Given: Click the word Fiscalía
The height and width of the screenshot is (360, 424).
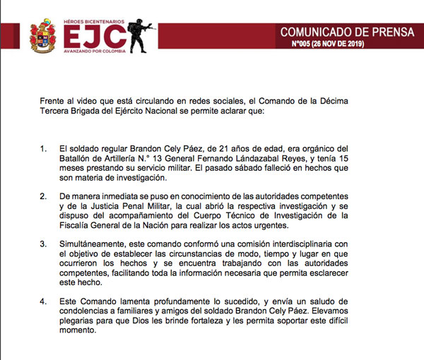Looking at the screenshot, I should (x=77, y=225).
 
